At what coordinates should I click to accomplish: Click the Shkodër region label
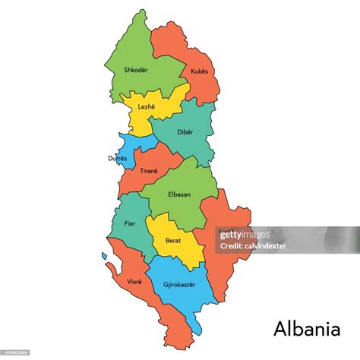tap(135, 71)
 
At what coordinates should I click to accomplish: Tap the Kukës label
tap(199, 71)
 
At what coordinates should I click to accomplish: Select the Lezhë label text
tap(146, 108)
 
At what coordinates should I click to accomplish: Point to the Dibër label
tap(185, 131)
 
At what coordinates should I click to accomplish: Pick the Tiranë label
tap(149, 171)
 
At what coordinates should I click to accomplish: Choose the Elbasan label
tap(180, 194)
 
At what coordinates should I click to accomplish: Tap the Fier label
tap(130, 224)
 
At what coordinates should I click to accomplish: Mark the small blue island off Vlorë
tap(104, 256)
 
